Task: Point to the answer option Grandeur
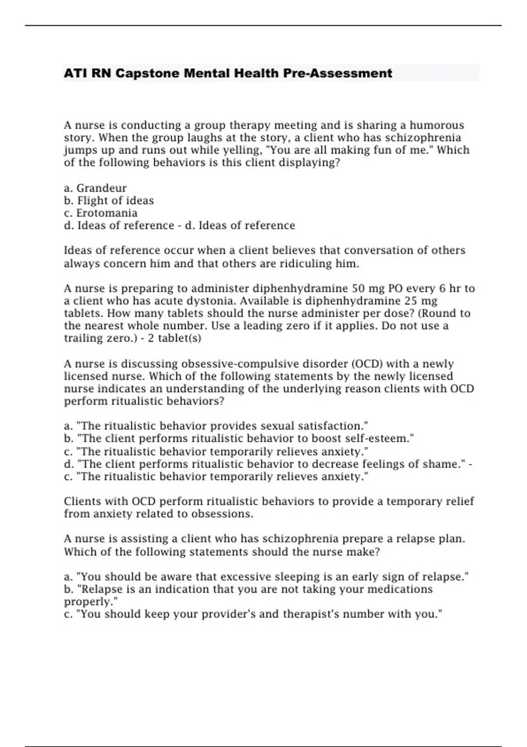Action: click(x=101, y=188)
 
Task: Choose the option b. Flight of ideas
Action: click(x=109, y=201)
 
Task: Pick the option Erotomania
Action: click(x=107, y=213)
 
